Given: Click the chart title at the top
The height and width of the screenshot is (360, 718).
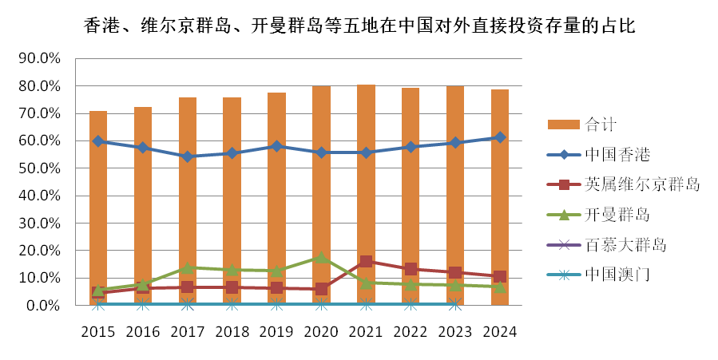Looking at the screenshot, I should click(359, 26).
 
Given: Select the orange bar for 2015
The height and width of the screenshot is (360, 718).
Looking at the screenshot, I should click(98, 200).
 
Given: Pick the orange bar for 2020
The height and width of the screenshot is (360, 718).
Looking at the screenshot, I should click(321, 200).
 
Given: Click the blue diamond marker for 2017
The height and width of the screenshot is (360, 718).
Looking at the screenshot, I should click(188, 156).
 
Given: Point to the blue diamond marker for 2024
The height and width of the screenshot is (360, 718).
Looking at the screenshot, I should click(500, 137).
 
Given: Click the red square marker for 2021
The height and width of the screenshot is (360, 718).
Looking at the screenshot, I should click(366, 261).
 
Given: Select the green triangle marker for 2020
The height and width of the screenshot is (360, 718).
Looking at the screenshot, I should click(321, 257).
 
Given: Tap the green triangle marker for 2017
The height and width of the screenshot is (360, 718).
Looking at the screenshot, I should click(188, 267).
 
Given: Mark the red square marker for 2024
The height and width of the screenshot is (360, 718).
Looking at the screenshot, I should click(500, 277).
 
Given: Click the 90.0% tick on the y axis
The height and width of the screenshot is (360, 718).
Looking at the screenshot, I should click(40, 59).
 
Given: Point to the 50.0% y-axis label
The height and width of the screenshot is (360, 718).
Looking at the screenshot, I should click(40, 168).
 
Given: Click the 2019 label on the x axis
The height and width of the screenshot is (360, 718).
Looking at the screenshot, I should click(276, 331).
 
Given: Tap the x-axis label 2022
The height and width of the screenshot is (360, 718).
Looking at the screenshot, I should click(411, 331).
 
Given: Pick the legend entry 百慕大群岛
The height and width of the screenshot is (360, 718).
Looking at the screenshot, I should click(626, 245).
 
